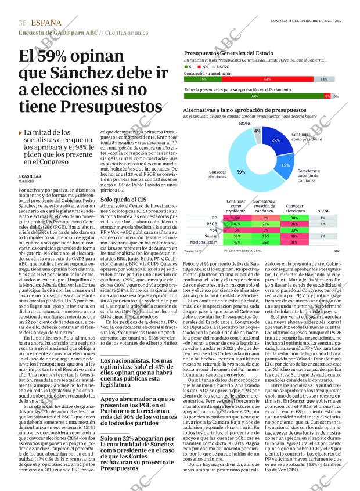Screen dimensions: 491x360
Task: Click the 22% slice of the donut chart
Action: [x=275, y=142]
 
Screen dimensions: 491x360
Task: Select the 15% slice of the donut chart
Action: [x=285, y=165]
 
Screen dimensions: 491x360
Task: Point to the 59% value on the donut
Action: [x=241, y=172]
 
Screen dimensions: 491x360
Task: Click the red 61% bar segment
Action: [x=267, y=79]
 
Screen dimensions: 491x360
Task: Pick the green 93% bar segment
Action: [x=254, y=96]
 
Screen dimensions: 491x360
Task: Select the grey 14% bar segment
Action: [x=324, y=79]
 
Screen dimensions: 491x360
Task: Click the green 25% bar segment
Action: [x=202, y=79]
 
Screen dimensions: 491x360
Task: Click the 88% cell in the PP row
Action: [x=294, y=217]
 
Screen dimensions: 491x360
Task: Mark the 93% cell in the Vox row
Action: [x=294, y=230]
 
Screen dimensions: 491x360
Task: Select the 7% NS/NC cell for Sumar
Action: [x=322, y=236]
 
